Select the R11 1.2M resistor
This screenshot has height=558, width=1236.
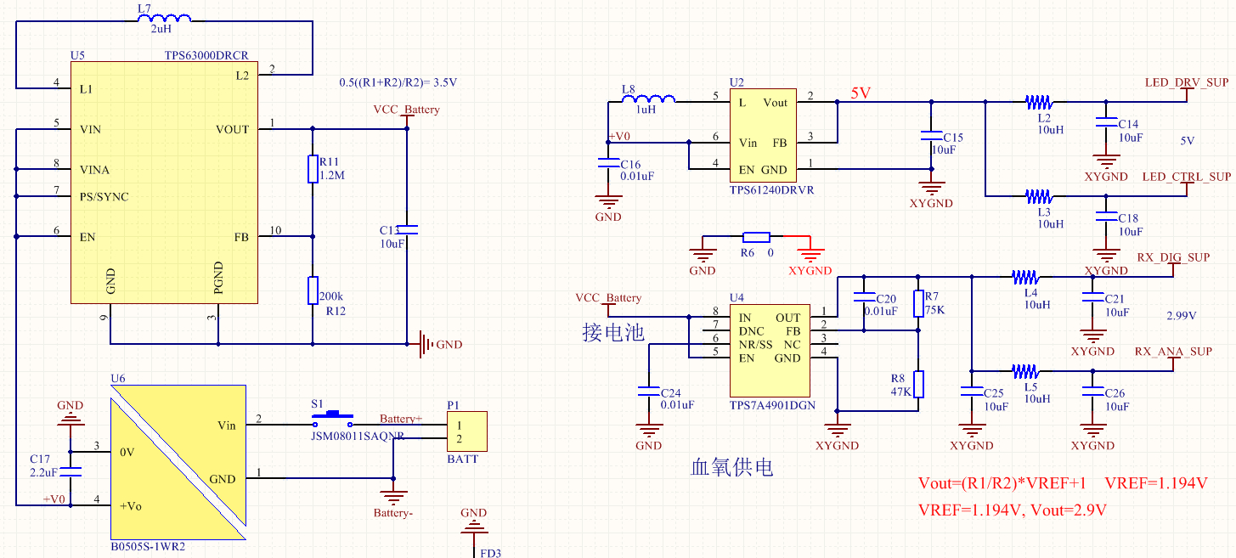(x=313, y=169)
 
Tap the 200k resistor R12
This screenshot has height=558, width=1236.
(x=313, y=290)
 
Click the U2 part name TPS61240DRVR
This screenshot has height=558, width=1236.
(x=771, y=190)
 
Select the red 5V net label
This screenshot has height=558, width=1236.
(x=861, y=93)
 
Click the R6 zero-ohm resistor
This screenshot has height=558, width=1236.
(x=756, y=237)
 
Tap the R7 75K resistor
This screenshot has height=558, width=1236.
(x=917, y=303)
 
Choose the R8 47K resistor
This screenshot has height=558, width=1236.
(x=917, y=384)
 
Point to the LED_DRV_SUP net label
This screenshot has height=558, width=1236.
(x=1186, y=83)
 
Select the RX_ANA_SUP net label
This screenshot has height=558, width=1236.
(x=1173, y=352)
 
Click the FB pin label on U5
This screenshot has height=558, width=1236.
(x=241, y=238)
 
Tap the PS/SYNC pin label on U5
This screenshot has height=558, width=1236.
(x=104, y=197)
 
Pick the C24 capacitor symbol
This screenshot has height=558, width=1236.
(x=648, y=392)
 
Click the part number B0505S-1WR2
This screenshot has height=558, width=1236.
(x=148, y=547)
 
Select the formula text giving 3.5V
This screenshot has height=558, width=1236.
(x=398, y=83)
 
